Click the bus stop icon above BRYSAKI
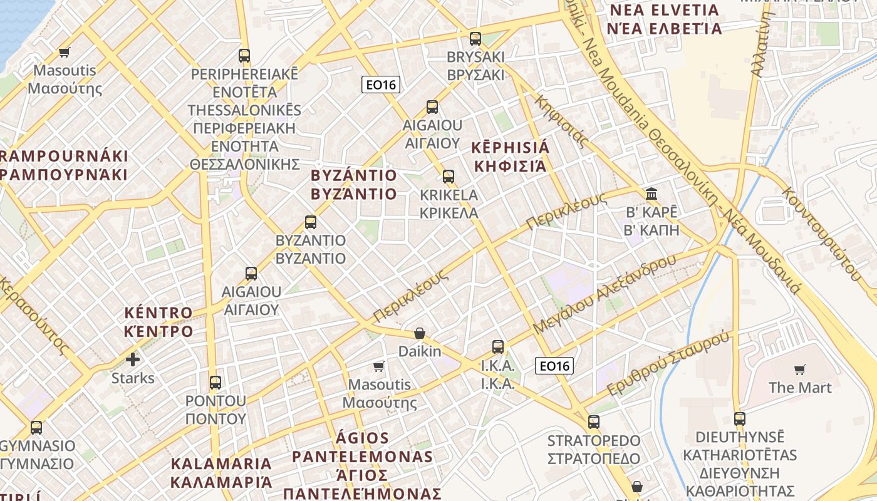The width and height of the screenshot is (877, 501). point(475,39)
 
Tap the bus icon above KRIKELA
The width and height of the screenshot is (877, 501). point(449,177)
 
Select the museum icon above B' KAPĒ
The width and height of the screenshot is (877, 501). point(651,194)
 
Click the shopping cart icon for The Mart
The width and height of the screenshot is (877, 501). point(799,369)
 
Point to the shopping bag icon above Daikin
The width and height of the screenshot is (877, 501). point(420,333)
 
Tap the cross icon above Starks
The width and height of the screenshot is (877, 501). point(133,359)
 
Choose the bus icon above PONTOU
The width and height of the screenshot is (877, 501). point(215,382)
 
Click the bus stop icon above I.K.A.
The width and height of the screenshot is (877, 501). point(498,346)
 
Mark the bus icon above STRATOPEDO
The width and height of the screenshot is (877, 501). point(594,422)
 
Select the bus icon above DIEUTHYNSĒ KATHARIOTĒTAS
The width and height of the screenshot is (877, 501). point(740,419)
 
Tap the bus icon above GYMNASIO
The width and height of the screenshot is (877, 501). point(36,428)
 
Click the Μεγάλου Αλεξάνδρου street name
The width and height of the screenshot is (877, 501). point(605,294)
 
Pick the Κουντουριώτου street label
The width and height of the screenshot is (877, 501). point(821,232)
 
